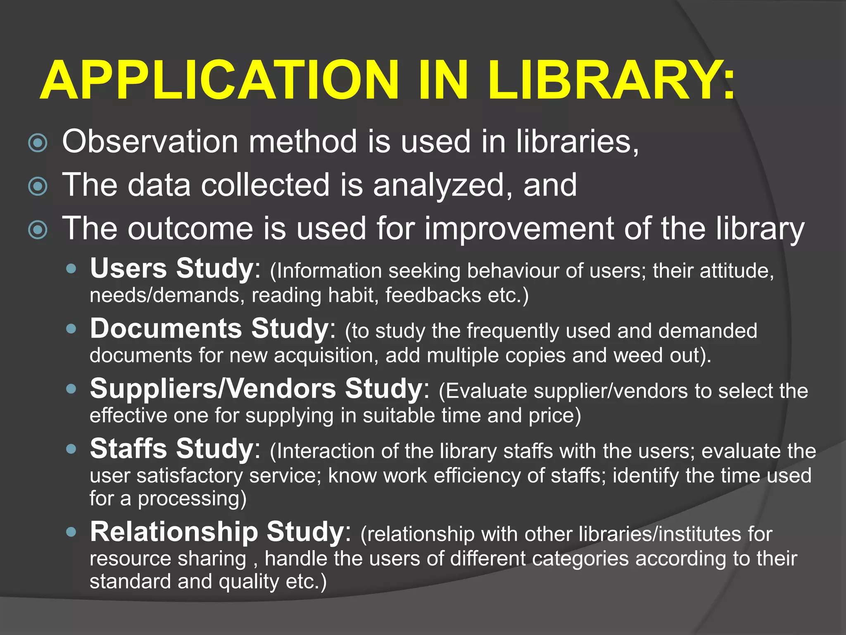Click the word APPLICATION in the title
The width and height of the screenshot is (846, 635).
[x=219, y=80]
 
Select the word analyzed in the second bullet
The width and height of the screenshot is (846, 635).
[x=439, y=185]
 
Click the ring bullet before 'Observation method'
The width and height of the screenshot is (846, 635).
[x=38, y=143]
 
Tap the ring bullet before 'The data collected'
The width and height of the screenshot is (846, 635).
[x=38, y=186]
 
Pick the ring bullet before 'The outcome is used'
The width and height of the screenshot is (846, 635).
[x=38, y=230]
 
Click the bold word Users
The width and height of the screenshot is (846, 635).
[x=128, y=268]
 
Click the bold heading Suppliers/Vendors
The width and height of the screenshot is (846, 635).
[x=213, y=389]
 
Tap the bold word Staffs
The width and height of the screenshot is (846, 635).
[x=128, y=449]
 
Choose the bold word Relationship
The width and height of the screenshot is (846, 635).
[x=173, y=532]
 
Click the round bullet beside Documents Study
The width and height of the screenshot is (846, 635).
[x=71, y=329]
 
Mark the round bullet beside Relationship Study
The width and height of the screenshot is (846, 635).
[x=71, y=532]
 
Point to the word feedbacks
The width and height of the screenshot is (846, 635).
[x=433, y=295]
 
